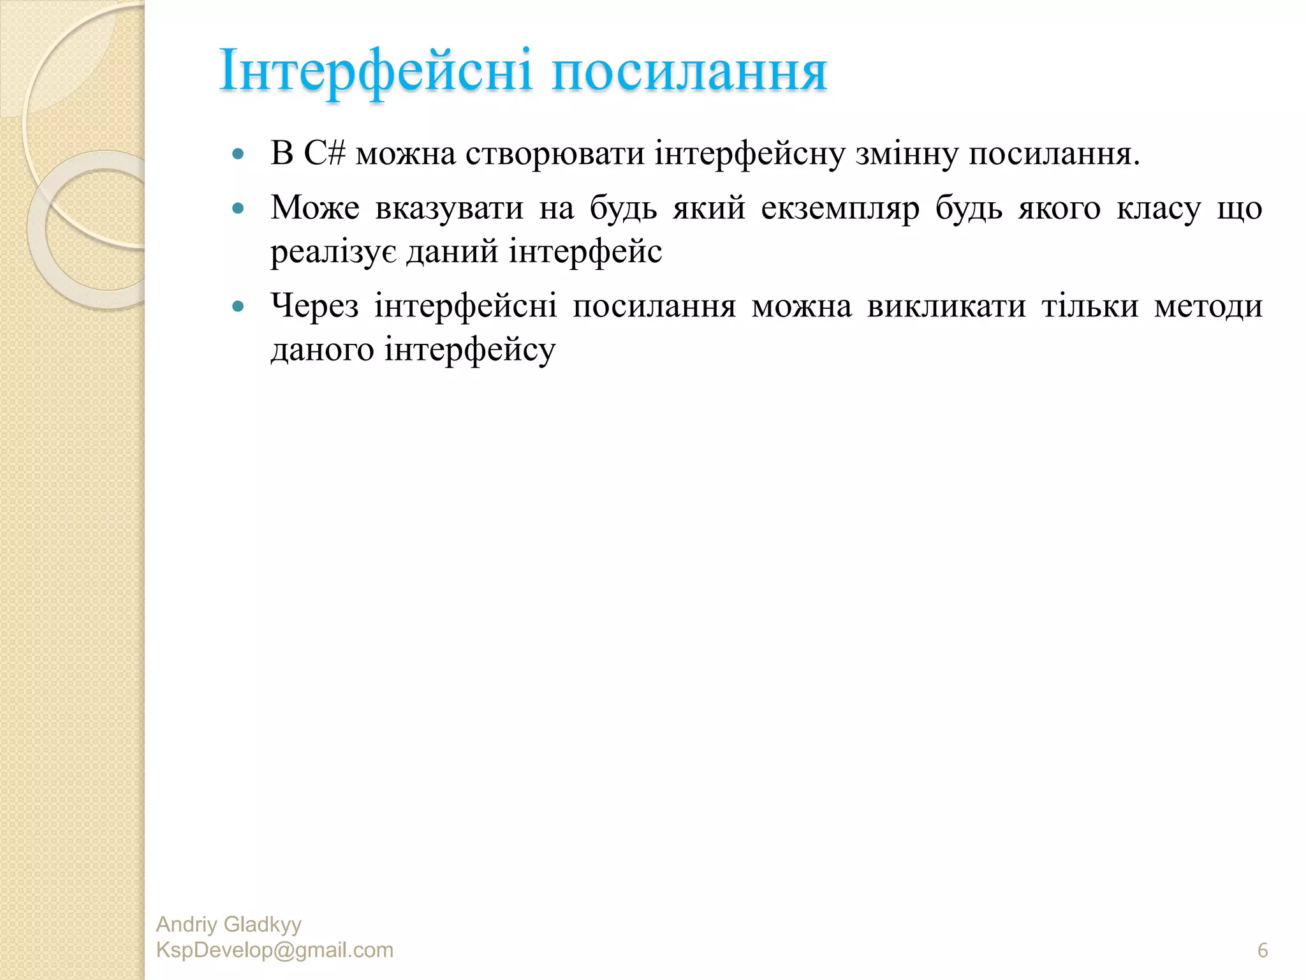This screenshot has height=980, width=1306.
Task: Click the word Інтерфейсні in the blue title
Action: click(x=375, y=71)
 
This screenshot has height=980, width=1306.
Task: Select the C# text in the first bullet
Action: click(x=325, y=153)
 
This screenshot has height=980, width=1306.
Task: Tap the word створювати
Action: click(x=554, y=154)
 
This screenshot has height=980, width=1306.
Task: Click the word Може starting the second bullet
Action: click(x=314, y=207)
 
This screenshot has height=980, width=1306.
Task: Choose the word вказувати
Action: click(x=449, y=207)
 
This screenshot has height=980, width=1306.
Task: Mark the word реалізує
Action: click(x=334, y=251)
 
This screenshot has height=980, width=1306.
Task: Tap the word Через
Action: click(x=314, y=306)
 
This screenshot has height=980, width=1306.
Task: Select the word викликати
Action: click(x=946, y=306)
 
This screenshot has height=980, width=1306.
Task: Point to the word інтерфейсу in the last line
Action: click(x=469, y=350)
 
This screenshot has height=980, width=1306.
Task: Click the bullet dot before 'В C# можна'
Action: click(x=238, y=154)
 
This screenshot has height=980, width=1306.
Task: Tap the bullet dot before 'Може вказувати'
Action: click(x=238, y=208)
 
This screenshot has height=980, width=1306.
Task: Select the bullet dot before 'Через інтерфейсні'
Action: click(x=238, y=306)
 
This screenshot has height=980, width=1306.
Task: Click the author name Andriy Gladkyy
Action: click(x=228, y=924)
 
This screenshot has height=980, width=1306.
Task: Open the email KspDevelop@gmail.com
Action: click(x=274, y=950)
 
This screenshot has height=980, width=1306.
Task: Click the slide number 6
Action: click(x=1262, y=951)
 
